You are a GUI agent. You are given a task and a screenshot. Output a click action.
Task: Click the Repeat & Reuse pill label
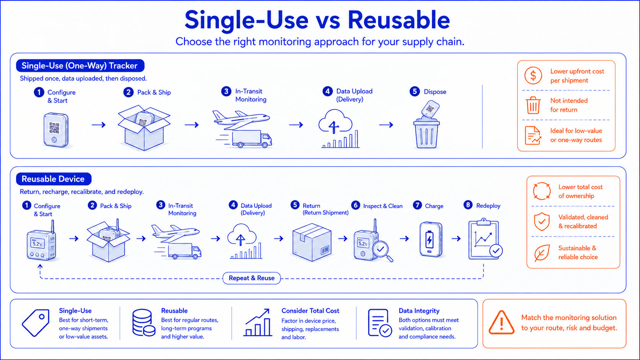[x=251, y=278]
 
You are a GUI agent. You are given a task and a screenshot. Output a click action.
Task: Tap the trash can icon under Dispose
[x=426, y=133]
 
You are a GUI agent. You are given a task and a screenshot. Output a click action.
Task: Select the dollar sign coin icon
[x=533, y=76]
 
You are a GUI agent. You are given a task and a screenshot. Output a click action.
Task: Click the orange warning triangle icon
[x=501, y=323]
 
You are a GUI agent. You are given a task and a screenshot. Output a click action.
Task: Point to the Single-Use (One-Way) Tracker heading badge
[x=80, y=66]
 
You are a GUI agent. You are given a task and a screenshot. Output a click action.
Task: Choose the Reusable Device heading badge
[x=54, y=179]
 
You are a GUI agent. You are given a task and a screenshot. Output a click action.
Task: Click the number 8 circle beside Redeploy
[x=468, y=205]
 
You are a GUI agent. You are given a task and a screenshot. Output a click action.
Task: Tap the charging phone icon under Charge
[x=431, y=239]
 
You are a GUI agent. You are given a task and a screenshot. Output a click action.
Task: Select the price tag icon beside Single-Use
[x=36, y=323]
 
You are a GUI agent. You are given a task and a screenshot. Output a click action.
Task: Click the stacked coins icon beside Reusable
[x=144, y=323]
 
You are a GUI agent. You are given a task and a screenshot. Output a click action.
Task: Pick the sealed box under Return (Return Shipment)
[x=312, y=242]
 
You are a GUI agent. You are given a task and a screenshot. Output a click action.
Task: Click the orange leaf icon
[x=542, y=252]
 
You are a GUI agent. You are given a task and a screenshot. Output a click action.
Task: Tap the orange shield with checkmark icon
[x=542, y=222]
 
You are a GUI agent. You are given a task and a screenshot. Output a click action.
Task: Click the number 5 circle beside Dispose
[x=415, y=92]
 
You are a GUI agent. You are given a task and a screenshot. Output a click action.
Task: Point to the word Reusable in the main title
[x=398, y=20]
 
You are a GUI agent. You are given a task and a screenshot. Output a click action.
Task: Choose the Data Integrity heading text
[x=419, y=311]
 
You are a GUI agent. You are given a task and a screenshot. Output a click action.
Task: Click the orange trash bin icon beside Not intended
[x=533, y=105]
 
